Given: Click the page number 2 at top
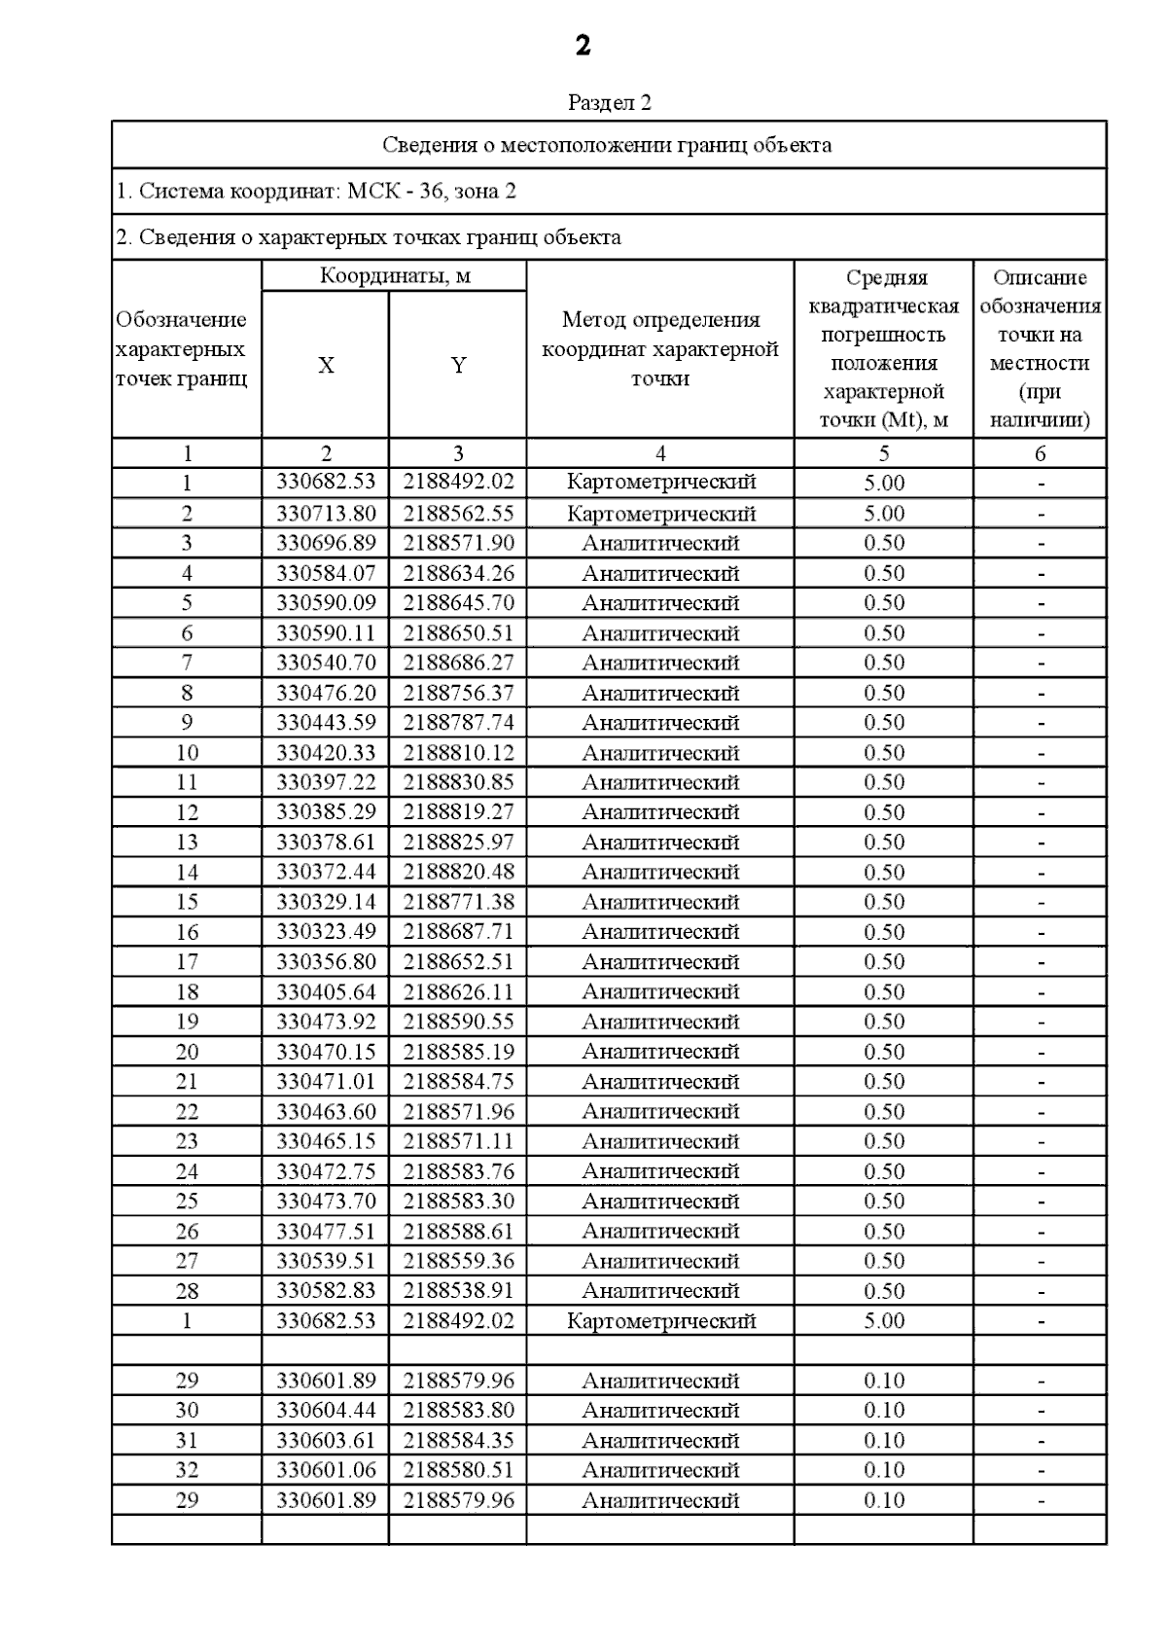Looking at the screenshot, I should pyautogui.click(x=583, y=46).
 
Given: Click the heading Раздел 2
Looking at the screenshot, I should pyautogui.click(x=609, y=102).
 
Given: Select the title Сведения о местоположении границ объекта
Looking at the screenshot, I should pyautogui.click(x=607, y=145).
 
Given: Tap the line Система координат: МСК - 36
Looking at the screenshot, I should pyautogui.click(x=316, y=191).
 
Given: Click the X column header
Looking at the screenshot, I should pyautogui.click(x=326, y=366).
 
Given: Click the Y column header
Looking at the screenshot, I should pyautogui.click(x=458, y=366).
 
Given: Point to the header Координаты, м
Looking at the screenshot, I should pyautogui.click(x=395, y=275).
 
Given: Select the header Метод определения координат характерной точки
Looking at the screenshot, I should pyautogui.click(x=660, y=348).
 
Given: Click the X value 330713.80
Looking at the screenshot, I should pyautogui.click(x=326, y=513).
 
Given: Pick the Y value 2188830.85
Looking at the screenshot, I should pyautogui.click(x=458, y=782).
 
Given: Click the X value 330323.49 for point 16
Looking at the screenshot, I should pyautogui.click(x=326, y=932).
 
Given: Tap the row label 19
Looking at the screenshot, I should pyautogui.click(x=187, y=1022).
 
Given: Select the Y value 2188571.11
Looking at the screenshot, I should pyautogui.click(x=458, y=1141).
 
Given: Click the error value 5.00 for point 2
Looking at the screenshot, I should pyautogui.click(x=884, y=513).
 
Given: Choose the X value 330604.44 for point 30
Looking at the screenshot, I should pyautogui.click(x=326, y=1411).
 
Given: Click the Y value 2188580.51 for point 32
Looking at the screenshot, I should pyautogui.click(x=458, y=1470).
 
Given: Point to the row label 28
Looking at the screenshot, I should pyautogui.click(x=187, y=1291).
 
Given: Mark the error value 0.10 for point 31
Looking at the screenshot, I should pyautogui.click(x=884, y=1440).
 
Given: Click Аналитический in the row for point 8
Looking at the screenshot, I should pyautogui.click(x=660, y=693).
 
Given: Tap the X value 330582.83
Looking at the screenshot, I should pyautogui.click(x=326, y=1291).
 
